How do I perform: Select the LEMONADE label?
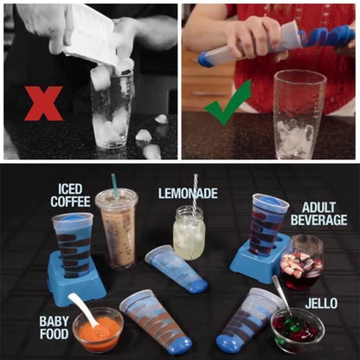[188, 192]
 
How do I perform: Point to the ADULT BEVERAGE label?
[325, 215]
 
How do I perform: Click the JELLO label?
[321, 304]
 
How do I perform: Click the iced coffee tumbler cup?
[117, 229]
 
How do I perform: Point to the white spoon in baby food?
[84, 308]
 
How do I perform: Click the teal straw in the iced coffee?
[114, 186]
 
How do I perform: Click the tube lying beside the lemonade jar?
[177, 267]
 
